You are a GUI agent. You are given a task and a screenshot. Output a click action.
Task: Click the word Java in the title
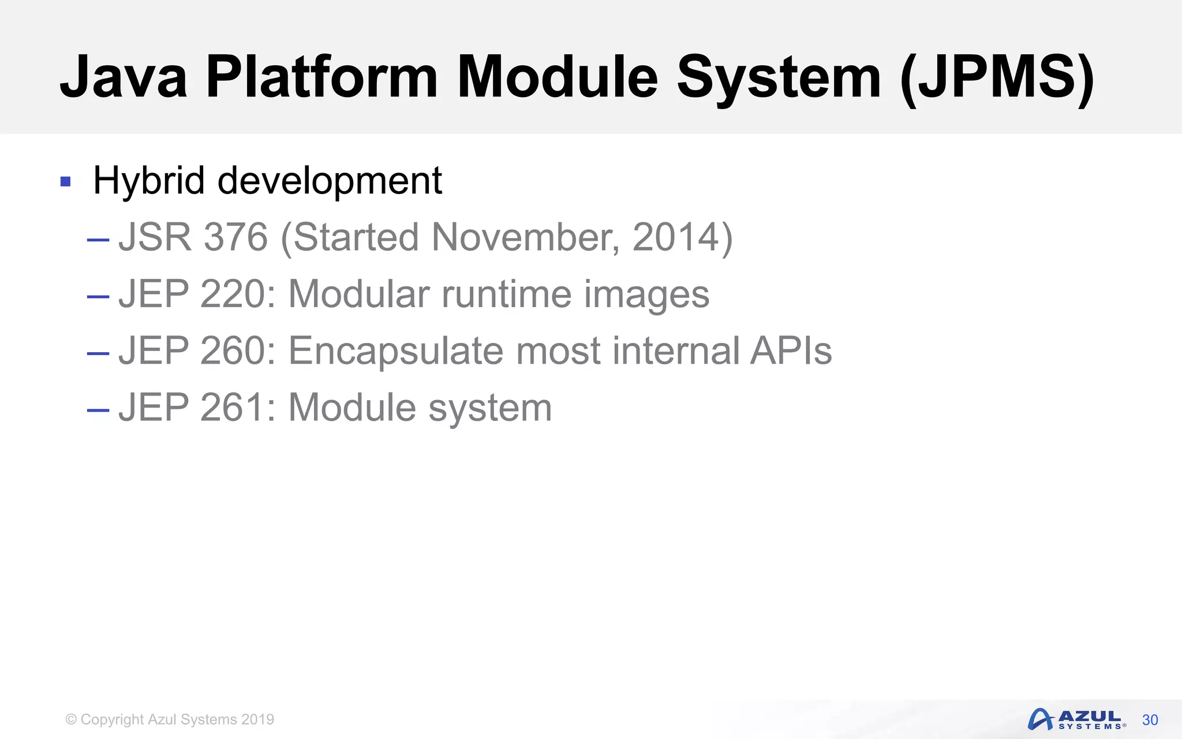[x=124, y=77]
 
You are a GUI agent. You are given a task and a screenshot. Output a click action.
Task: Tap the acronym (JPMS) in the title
[x=997, y=77]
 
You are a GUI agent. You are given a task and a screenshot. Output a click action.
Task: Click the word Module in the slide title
[x=557, y=77]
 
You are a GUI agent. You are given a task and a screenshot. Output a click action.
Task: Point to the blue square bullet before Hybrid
[x=65, y=182]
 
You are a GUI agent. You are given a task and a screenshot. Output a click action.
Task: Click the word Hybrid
[x=149, y=181]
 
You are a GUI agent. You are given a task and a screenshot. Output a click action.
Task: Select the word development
[x=330, y=181]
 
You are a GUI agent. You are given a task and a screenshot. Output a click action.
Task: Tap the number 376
[x=235, y=237]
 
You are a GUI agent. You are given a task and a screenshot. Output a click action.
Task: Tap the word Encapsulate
[x=395, y=350]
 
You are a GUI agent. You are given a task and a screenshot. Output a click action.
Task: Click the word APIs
[x=791, y=350]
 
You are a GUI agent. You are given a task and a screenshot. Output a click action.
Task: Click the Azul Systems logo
[x=1076, y=719]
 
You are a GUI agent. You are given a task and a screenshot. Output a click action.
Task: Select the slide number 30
[x=1150, y=720]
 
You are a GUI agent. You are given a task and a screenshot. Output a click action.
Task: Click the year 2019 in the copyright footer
[x=257, y=719]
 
